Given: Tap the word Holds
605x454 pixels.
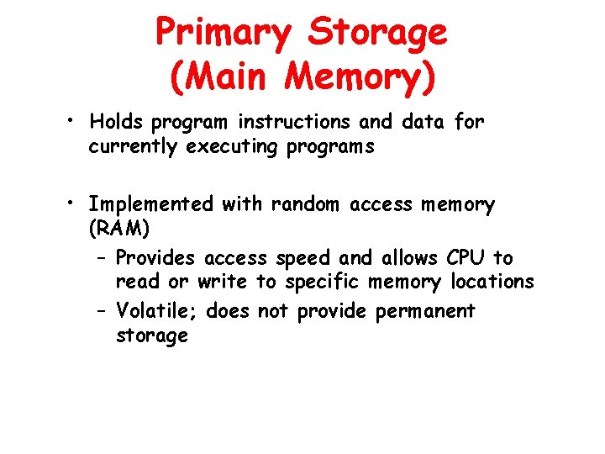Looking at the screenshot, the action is click(x=117, y=122).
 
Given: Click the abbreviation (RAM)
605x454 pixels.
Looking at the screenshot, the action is click(x=118, y=229).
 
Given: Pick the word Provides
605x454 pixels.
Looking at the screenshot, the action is click(x=155, y=258).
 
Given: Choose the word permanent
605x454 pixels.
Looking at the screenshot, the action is click(x=425, y=312).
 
